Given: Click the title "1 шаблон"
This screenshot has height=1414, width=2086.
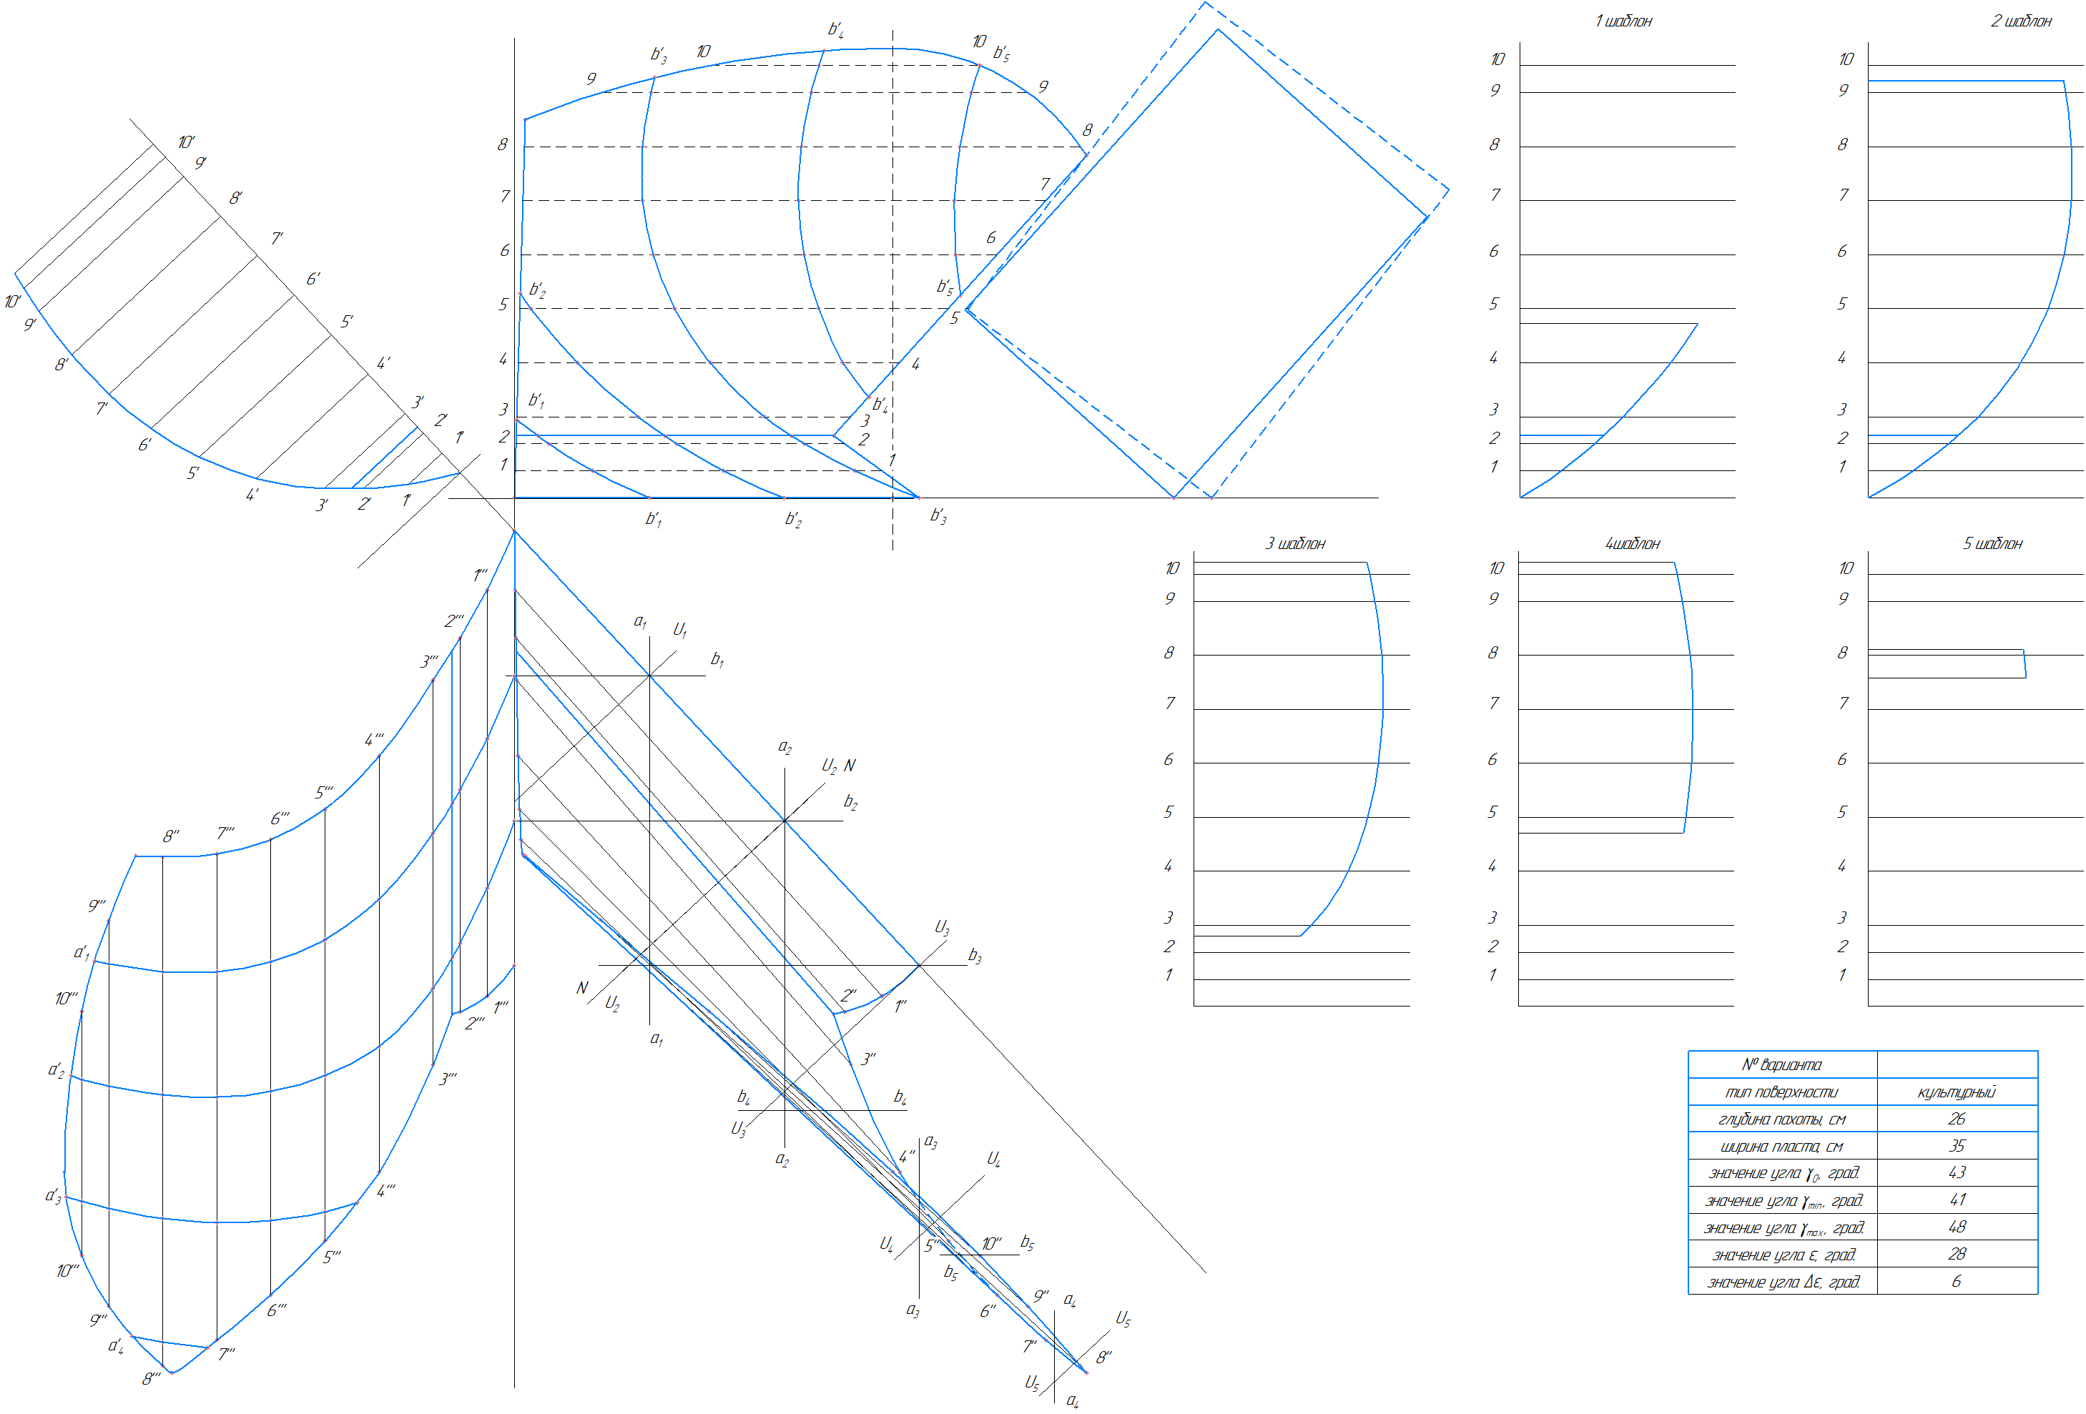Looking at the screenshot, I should [x=1623, y=21].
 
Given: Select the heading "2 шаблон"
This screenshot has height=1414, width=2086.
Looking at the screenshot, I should [x=2022, y=21].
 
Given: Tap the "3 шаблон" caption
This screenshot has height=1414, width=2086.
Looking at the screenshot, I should [x=1295, y=544].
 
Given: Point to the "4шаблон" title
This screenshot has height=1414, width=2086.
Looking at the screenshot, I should [x=1633, y=544].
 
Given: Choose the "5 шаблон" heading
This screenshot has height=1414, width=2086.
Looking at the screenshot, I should [x=1992, y=544].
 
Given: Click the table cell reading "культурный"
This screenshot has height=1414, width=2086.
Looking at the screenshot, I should [x=1957, y=1092].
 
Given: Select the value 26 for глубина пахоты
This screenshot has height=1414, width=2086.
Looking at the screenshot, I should [x=1957, y=1119].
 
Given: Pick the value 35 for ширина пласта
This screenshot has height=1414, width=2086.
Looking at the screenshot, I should [x=1957, y=1146].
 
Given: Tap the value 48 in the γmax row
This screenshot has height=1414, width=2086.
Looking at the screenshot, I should [x=1957, y=1227].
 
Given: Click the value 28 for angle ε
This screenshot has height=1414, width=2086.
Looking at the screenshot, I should [x=1957, y=1253].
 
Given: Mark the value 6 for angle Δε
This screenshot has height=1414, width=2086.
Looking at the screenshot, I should [x=1957, y=1281].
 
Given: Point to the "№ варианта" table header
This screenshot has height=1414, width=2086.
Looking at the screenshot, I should [x=1781, y=1065].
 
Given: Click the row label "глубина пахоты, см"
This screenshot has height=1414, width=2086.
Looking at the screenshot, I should [x=1781, y=1119].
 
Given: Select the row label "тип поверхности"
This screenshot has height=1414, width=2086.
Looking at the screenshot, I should [x=1781, y=1092].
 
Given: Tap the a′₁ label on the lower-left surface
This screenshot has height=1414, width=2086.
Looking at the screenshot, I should [x=82, y=952].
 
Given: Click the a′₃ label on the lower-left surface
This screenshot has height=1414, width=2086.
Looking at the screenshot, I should [x=54, y=1196].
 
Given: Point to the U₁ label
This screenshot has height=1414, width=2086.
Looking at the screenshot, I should [x=680, y=630].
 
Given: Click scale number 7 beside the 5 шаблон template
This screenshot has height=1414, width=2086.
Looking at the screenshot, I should [x=1844, y=703].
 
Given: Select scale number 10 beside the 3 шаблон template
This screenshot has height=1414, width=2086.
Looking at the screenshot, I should [x=1172, y=568].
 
